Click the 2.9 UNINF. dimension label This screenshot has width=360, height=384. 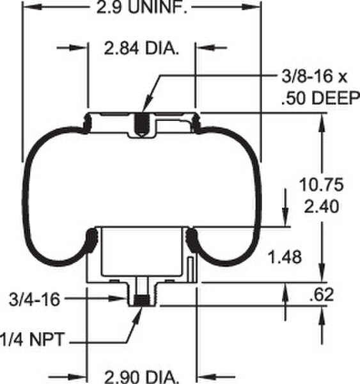pyautogui.click(x=141, y=8)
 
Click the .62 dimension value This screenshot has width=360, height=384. pyautogui.click(x=322, y=295)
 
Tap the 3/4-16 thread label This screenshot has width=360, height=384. pyautogui.click(x=31, y=298)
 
